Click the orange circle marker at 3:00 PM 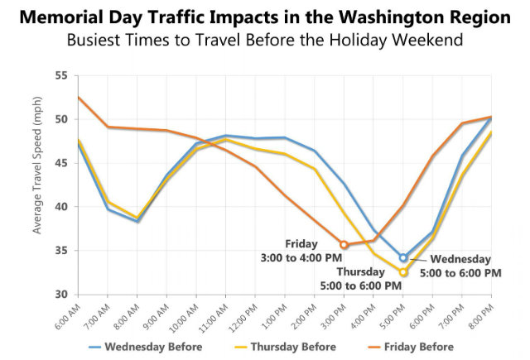point(344,244)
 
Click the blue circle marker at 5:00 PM point(403,258)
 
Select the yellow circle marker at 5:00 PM point(403,272)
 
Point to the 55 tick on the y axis point(60,75)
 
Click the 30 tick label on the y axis point(60,295)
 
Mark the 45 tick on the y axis point(60,163)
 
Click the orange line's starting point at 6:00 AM point(79,98)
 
